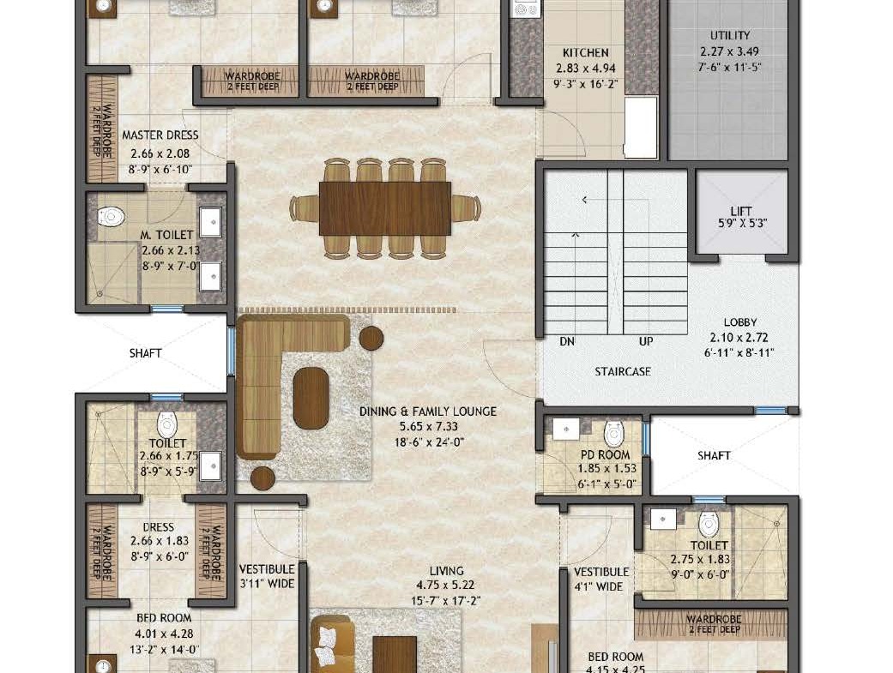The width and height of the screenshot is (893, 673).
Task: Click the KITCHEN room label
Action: coord(585,53)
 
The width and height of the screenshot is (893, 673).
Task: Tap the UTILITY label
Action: coord(729,35)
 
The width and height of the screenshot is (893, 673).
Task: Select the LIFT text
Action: coord(741,211)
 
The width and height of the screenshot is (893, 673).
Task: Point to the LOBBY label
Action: coord(739,322)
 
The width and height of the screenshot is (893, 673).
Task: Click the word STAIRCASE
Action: coord(623,372)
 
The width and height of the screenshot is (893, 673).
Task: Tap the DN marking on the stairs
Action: coord(567,341)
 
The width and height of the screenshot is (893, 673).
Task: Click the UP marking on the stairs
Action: coord(646,341)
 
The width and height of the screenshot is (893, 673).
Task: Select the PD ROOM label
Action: coord(605,455)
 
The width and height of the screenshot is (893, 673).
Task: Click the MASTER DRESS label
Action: coord(160,135)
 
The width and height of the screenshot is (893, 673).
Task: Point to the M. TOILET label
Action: coord(167,235)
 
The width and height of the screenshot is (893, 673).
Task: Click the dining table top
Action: coord(385,208)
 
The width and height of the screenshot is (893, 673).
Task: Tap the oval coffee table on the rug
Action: coord(311,398)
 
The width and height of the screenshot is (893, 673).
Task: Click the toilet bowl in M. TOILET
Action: coord(111,216)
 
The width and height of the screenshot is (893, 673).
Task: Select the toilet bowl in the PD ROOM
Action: coord(614,434)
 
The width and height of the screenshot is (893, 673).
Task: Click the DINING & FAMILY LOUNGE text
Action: coord(428,412)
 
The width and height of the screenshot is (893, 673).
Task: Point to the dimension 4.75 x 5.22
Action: coord(445,585)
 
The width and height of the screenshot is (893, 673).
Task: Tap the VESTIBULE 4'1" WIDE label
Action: coord(601,579)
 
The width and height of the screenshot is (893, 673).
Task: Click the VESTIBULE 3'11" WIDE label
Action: coord(267,576)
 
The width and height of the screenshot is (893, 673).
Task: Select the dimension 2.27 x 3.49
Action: coord(729,51)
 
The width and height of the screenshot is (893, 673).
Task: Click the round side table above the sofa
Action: coord(371,338)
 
